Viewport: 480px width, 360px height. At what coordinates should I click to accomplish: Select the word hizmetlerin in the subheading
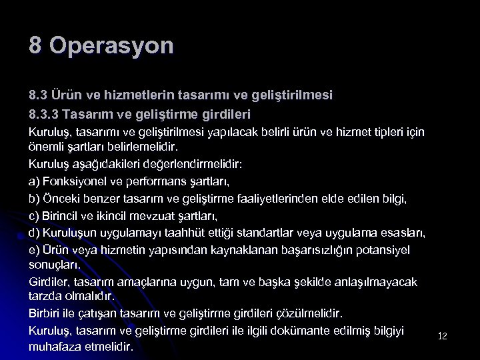pyautogui.click(x=147, y=96)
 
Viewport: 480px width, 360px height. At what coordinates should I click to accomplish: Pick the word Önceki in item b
pyautogui.click(x=62, y=198)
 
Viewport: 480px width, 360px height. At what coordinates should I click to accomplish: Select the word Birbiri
pyautogui.click(x=45, y=313)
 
